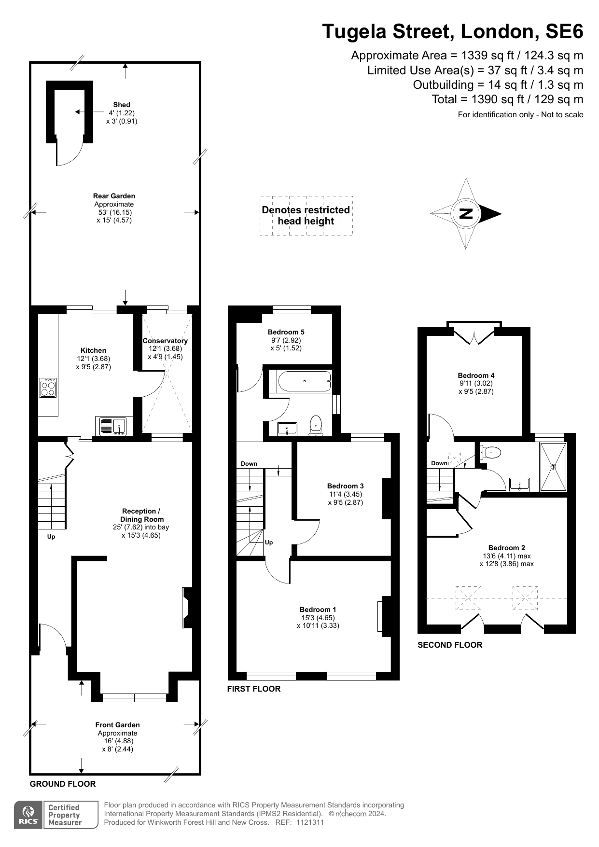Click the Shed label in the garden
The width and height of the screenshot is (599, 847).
pos(122,105)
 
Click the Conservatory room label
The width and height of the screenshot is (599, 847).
pos(165,341)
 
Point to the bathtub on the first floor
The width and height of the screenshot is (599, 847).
pos(305,381)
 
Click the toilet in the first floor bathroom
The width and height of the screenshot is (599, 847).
pos(316,423)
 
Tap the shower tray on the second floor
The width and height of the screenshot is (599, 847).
pos(553,467)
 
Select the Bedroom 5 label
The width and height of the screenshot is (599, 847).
pos(286,332)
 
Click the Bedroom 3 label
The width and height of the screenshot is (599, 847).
pos(345,486)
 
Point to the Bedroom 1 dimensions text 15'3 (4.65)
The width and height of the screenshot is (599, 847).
pos(318,618)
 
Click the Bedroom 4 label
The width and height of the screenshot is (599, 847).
pos(476,375)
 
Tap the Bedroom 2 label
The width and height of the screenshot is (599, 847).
pos(506,548)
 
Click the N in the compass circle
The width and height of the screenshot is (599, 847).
pos(466,213)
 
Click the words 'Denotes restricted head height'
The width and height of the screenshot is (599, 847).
pos(306,216)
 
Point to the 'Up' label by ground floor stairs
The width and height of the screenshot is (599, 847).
pos(51,537)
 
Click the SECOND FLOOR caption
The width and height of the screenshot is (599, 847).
pos(449,645)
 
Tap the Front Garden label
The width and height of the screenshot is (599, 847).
pos(117,725)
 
